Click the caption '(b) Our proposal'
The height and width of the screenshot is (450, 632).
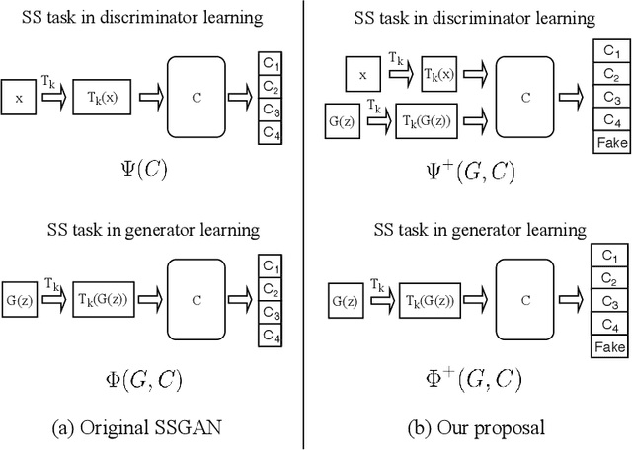pyautogui.click(x=477, y=427)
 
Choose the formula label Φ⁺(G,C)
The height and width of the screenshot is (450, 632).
pyautogui.click(x=477, y=379)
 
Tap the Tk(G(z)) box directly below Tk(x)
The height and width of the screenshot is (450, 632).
pyautogui.click(x=434, y=123)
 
